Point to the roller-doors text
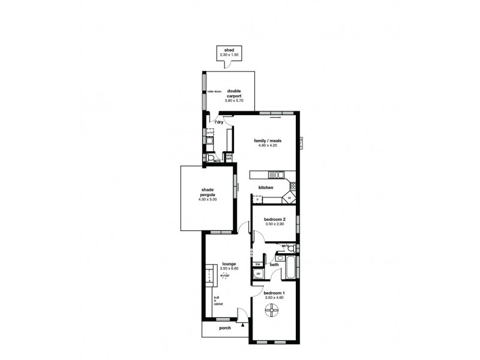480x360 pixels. point(214,92)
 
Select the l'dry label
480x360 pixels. point(220,122)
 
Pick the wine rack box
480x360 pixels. point(229,157)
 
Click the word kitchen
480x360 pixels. point(266,188)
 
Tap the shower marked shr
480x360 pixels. point(259,274)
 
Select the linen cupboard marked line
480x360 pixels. point(257,264)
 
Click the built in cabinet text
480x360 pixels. point(218,301)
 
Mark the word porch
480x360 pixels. point(225,329)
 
